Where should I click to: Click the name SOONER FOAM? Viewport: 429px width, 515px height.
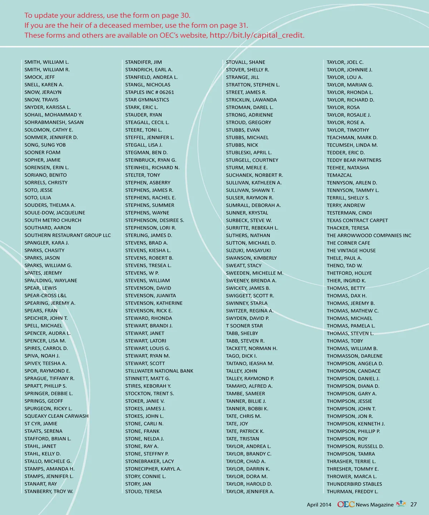point(42,152)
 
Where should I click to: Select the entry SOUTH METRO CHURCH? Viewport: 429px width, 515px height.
point(53,220)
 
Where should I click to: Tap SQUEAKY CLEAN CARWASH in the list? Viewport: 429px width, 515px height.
point(56,416)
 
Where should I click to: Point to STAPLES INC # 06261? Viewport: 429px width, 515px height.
point(149,92)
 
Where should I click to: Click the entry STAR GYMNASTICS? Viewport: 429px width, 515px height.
point(147,100)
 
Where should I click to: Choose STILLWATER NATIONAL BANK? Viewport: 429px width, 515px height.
point(159,371)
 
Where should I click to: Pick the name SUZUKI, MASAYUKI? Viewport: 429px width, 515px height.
point(248,250)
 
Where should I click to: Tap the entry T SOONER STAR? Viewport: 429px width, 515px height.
point(244,326)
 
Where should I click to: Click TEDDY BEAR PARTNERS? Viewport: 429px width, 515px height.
point(354,160)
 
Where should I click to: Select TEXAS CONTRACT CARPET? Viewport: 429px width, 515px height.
point(357,220)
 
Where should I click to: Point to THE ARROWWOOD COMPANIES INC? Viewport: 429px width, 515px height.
point(369,235)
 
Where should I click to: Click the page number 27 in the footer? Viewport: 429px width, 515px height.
point(413,504)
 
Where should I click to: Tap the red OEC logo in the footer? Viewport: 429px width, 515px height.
point(346,504)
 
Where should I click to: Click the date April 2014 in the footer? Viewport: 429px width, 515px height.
point(319,505)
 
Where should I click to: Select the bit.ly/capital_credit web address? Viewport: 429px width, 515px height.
point(257,35)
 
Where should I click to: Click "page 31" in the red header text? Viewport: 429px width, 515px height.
point(234,25)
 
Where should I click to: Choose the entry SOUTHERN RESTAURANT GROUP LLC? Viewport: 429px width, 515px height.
point(68,235)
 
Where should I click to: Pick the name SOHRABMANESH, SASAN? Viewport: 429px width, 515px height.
point(54,122)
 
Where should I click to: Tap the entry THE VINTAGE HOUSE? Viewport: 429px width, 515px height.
point(351,250)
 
